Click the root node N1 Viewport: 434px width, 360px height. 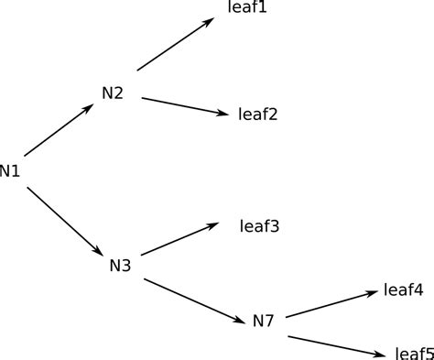tap(10, 170)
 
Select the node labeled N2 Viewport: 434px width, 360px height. tap(113, 93)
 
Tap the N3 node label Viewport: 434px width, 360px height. tap(120, 266)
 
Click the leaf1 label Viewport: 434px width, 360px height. tap(246, 7)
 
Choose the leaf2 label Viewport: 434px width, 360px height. tap(257, 115)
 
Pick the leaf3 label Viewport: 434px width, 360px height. tap(259, 225)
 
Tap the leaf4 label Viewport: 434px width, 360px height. tap(403, 290)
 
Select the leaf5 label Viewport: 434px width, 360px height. tap(414, 353)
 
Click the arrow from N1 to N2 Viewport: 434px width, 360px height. tap(60, 129)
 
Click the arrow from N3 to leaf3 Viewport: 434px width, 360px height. tap(179, 239)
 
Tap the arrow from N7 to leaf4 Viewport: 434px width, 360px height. tap(331, 304)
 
